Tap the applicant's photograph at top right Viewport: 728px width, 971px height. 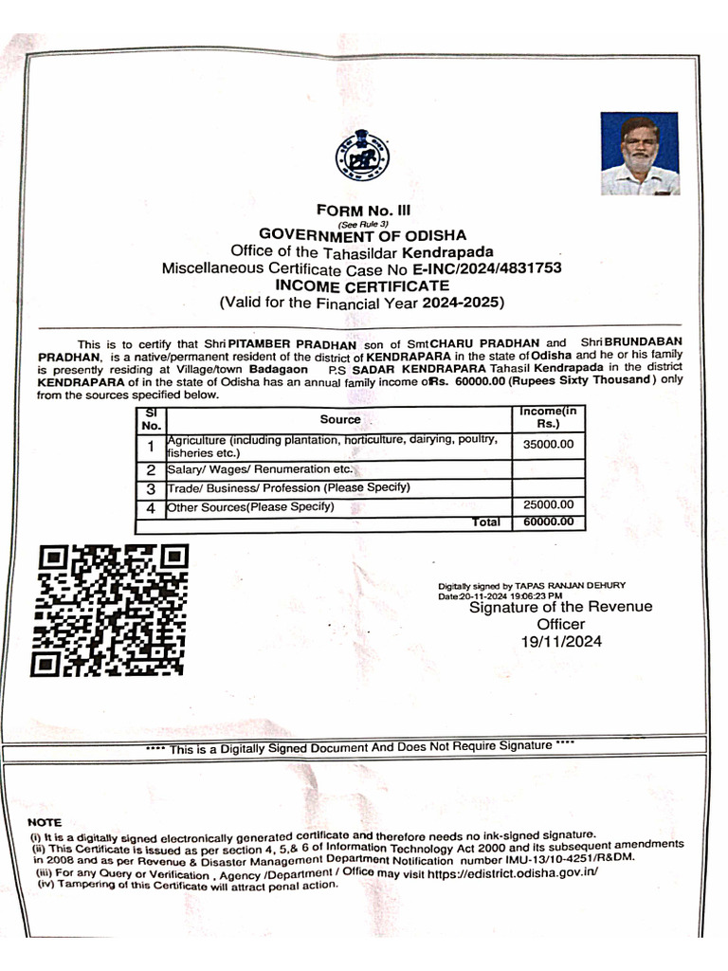pos(639,154)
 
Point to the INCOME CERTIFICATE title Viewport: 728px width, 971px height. pos(362,284)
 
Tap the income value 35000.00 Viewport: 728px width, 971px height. pos(549,444)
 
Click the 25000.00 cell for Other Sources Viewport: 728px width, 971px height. pos(549,505)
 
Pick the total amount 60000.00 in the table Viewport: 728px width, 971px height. pos(549,522)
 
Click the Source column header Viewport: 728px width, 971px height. pos(339,419)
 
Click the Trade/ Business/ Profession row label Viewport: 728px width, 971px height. pos(288,487)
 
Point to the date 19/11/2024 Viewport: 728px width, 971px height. pos(561,642)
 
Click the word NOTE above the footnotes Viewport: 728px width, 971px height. pos(45,822)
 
